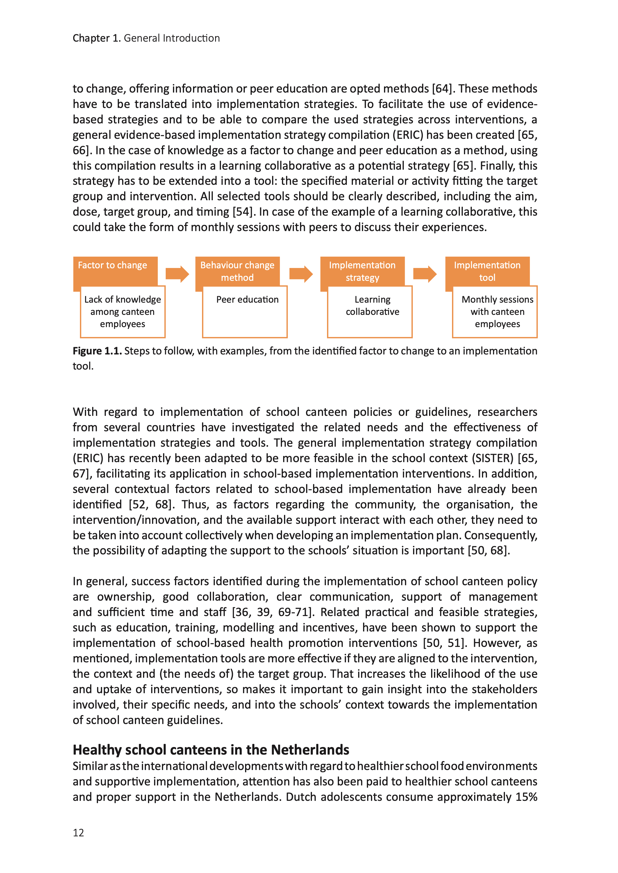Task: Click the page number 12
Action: (78, 833)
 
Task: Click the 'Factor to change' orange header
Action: (112, 265)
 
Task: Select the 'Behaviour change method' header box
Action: (237, 271)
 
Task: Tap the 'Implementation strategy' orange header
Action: (362, 271)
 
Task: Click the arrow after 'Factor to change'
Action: (177, 274)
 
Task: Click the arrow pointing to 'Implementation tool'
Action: (425, 274)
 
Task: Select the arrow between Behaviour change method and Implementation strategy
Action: (301, 274)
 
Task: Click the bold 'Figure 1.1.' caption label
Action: (97, 351)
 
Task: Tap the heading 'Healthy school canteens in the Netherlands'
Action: (211, 750)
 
